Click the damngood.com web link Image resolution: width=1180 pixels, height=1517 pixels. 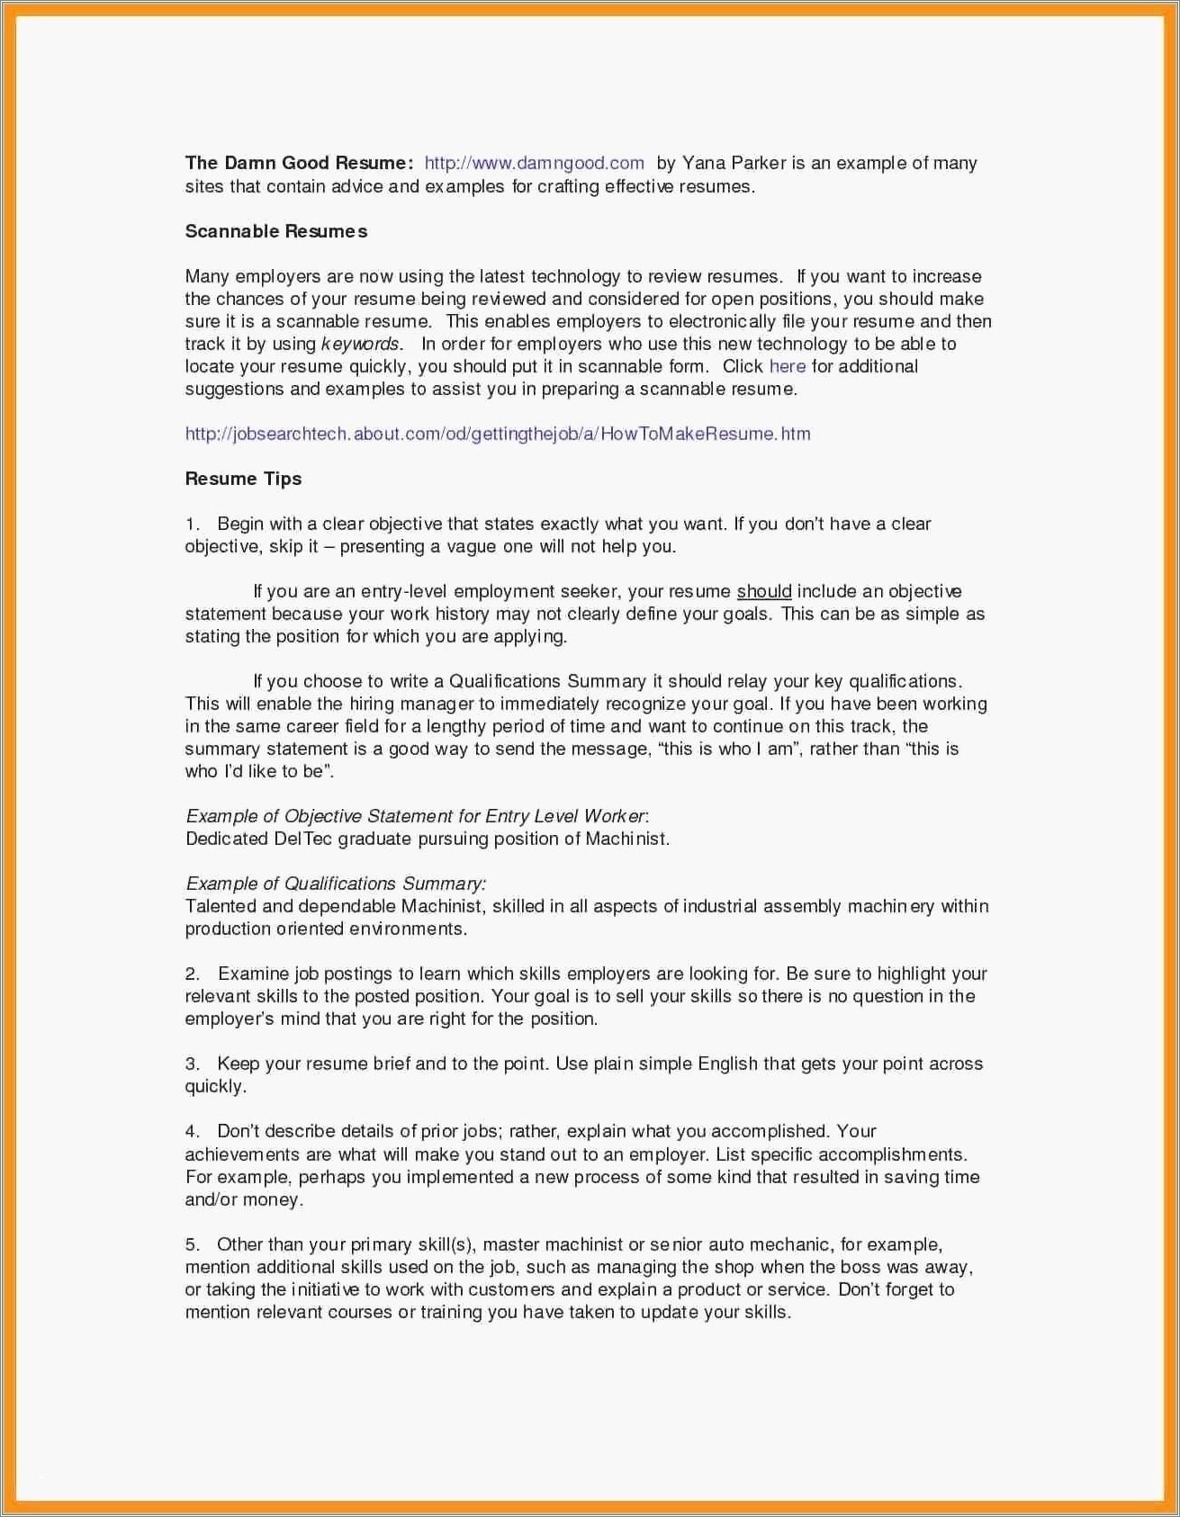point(534,163)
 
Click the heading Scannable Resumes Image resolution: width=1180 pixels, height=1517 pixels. point(276,231)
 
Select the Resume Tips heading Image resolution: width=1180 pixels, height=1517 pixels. point(243,479)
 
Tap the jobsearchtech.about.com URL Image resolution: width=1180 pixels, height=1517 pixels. point(498,434)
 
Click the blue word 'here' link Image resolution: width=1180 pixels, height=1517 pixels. point(787,366)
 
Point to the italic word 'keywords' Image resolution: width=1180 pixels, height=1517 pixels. point(360,344)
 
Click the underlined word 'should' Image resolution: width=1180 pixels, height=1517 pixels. point(764,591)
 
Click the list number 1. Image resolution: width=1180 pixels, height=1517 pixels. point(192,525)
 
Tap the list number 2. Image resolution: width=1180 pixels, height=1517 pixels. point(192,974)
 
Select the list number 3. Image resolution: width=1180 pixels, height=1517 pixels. point(192,1064)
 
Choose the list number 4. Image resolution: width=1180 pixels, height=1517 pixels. point(192,1132)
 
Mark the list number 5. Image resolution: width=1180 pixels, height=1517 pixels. point(192,1245)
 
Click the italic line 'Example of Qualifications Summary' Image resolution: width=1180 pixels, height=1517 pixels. point(336,884)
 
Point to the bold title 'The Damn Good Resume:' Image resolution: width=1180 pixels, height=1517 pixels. point(299,163)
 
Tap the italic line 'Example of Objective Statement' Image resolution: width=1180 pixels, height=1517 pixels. point(416,816)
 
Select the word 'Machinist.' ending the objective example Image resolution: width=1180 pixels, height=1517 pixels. point(627,839)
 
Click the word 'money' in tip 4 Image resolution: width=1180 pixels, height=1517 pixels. point(272,1199)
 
